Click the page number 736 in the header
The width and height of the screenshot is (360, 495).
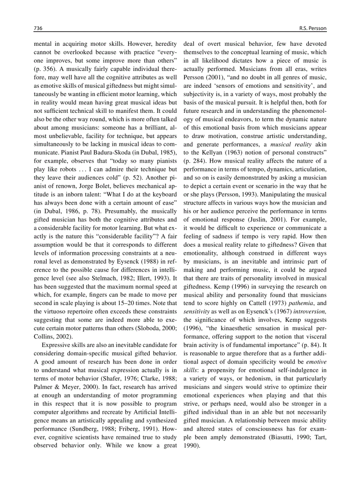click(x=38, y=28)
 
